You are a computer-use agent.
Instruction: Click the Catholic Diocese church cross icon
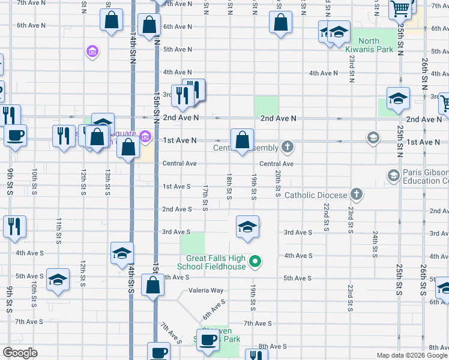pos(357,194)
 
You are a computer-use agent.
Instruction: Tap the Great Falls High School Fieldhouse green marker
pos(255,262)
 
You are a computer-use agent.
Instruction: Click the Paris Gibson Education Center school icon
pos(393,176)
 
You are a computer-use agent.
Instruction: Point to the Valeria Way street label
pos(206,290)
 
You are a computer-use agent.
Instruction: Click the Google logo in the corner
pos(20,353)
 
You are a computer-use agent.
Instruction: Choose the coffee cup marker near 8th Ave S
pos(208,340)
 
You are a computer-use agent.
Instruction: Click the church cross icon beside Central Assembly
pos(288,146)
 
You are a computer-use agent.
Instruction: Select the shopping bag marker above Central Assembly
pos(241,140)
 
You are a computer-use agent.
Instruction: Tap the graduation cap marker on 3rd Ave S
pos(247,227)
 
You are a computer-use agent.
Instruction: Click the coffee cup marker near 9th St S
pos(15,134)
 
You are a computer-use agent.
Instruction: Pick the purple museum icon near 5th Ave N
pos(92,52)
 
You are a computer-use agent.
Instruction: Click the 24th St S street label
pos(375,244)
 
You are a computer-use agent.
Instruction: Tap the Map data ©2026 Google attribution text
pos(411,355)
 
